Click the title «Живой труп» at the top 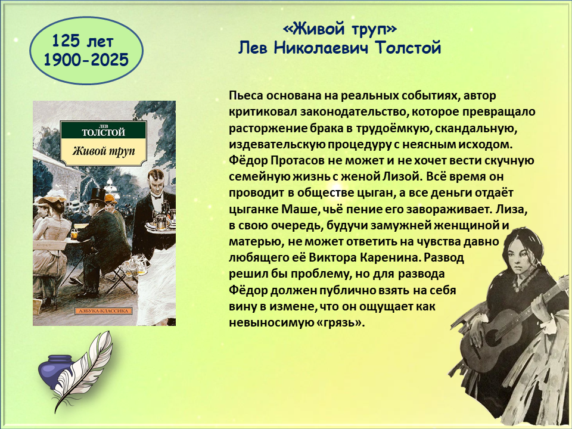click(x=340, y=29)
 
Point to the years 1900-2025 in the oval click(x=86, y=60)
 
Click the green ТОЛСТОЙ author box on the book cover click(x=104, y=130)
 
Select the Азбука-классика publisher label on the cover click(x=104, y=311)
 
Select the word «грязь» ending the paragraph click(x=342, y=323)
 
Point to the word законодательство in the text click(x=353, y=111)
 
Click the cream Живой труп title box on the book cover click(x=104, y=150)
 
